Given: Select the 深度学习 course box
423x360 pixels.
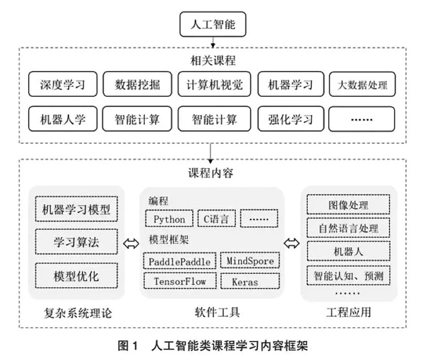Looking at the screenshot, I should click(62, 85).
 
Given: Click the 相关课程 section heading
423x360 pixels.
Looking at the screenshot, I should click(213, 60).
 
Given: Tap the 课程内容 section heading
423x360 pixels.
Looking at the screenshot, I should click(213, 173).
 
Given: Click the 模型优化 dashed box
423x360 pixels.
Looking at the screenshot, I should click(76, 276).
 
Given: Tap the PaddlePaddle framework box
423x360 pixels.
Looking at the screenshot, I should click(180, 261).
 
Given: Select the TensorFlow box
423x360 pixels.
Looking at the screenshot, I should click(180, 280).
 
